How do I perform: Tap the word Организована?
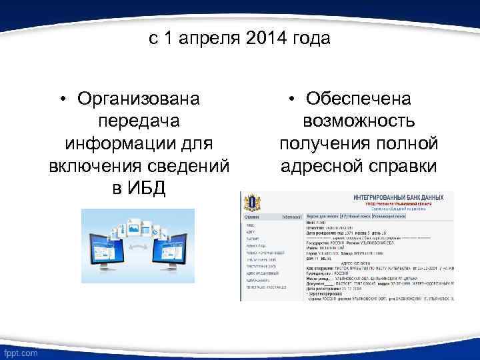(x=138, y=99)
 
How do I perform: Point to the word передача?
(x=138, y=121)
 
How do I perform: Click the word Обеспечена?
(x=359, y=99)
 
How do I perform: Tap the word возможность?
(x=359, y=121)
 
